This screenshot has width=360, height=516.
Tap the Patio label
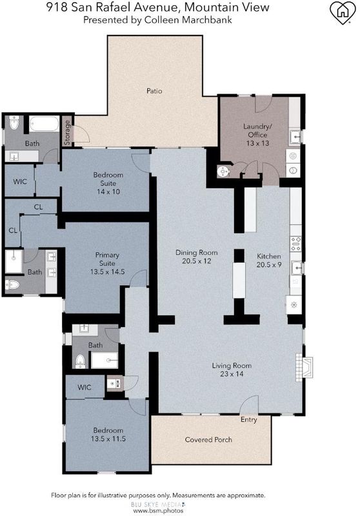[154, 91]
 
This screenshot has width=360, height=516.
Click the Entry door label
[249, 420]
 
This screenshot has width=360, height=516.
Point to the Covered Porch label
[208, 440]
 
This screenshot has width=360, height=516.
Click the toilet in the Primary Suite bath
[12, 284]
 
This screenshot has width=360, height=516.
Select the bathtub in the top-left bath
[44, 124]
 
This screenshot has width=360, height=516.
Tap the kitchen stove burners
[295, 244]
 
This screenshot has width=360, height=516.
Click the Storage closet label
[67, 133]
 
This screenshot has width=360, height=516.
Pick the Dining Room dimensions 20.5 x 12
[197, 261]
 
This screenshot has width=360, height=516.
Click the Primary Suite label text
[107, 259]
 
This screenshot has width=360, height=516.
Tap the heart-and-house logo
[343, 12]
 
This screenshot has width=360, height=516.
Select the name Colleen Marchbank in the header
[188, 20]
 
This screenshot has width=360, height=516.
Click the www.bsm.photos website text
[158, 510]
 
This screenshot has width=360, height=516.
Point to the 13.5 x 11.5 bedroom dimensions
[108, 439]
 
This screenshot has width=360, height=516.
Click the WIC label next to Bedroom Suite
[20, 182]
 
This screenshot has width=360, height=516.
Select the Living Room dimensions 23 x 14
[232, 374]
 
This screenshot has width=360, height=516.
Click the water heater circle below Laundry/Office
[223, 171]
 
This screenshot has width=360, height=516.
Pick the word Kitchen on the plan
[269, 256]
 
